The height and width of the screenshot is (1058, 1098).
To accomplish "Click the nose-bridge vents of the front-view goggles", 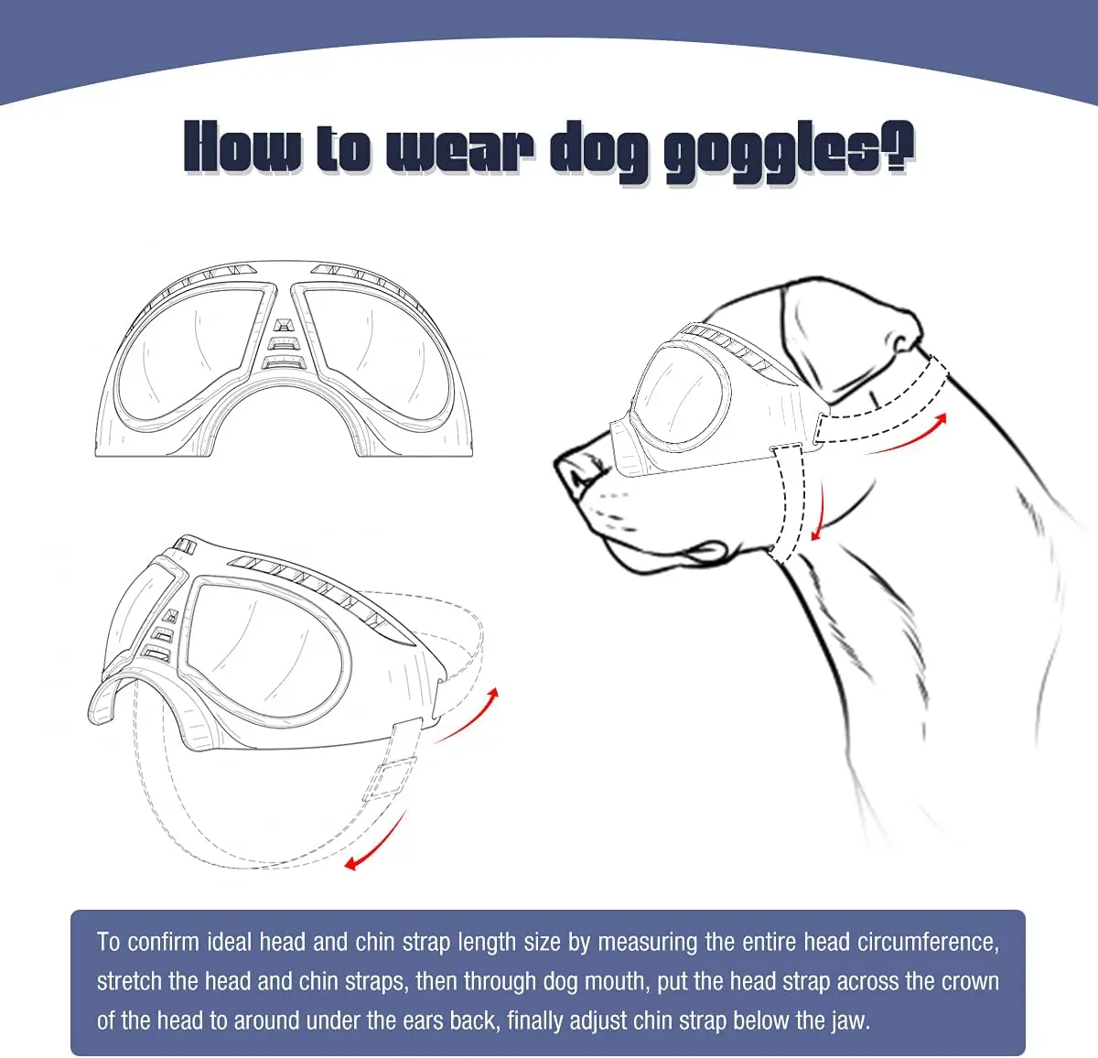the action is click(x=284, y=344).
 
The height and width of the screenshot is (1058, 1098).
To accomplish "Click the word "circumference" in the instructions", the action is click(x=928, y=942).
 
